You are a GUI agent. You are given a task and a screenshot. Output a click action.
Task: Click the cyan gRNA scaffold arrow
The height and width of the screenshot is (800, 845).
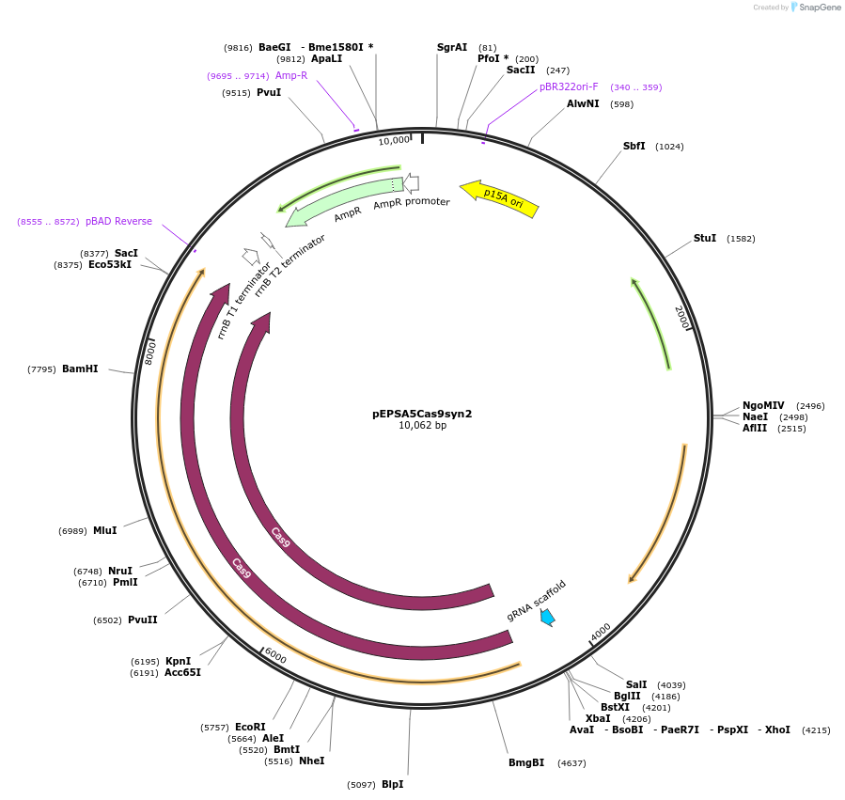[x=546, y=617]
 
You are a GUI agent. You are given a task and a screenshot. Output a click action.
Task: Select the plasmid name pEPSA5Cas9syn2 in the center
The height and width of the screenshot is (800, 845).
[x=422, y=413]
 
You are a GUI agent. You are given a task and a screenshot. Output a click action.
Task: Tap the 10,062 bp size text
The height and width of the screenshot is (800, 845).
[x=422, y=426]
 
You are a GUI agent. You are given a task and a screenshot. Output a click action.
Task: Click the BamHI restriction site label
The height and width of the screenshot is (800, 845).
[x=80, y=369]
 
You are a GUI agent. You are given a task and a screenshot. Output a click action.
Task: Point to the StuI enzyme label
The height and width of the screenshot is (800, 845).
[x=705, y=239]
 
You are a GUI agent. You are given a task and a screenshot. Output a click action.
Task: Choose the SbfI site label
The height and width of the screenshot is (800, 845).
[x=634, y=147]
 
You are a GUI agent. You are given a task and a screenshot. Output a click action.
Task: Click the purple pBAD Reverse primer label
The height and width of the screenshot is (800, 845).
[x=118, y=222]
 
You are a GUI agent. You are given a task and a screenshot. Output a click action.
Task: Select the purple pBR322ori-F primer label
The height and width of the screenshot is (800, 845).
[x=569, y=87]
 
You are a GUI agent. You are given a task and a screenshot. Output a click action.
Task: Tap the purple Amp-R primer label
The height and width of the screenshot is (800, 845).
[x=291, y=75]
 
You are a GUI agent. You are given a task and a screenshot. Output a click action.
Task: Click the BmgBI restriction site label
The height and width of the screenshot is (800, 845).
[x=526, y=762]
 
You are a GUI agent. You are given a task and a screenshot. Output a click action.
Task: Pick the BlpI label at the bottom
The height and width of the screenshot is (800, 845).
[x=392, y=784]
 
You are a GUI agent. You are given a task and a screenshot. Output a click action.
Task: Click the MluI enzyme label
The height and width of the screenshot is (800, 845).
[x=104, y=530]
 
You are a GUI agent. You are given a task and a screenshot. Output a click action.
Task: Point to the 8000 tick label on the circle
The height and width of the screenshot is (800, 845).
[x=150, y=353]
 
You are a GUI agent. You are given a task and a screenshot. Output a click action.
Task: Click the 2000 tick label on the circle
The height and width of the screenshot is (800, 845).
[x=682, y=318]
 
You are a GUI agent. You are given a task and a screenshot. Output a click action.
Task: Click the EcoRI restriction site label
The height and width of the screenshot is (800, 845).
[x=250, y=727]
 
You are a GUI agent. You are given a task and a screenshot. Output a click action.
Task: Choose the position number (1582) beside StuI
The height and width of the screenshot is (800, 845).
[x=741, y=239]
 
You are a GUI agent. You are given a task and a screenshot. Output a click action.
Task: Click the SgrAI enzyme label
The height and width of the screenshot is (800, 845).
[x=452, y=47]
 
